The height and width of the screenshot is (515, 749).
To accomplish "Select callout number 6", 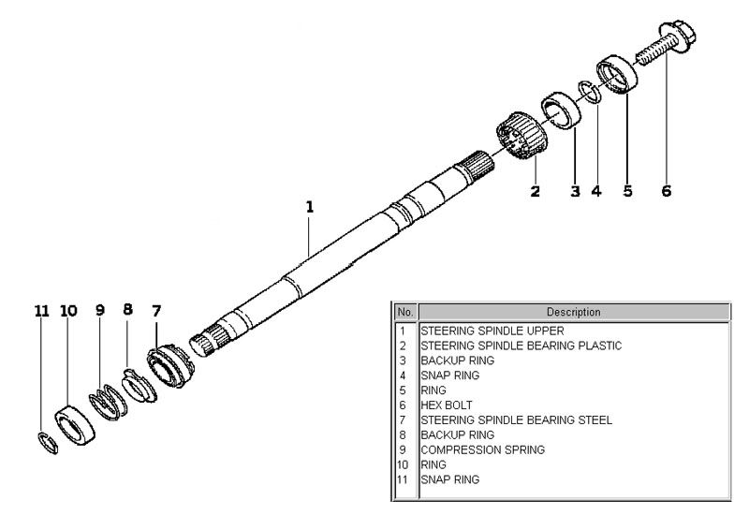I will click(x=666, y=191).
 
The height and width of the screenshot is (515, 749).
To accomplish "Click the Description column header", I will click(x=573, y=312).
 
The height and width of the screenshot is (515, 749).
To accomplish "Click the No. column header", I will click(x=405, y=312).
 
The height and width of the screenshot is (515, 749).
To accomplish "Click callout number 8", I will click(x=128, y=310).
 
